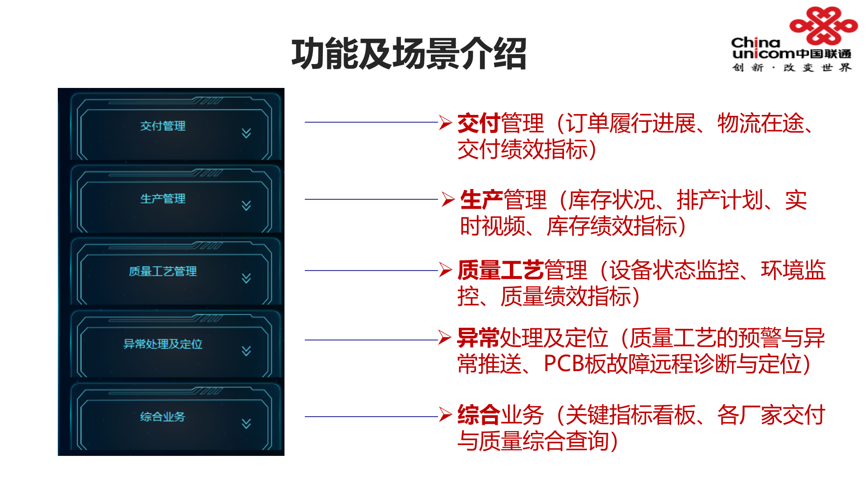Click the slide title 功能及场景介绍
pos(409,54)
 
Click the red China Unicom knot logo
pos(823,25)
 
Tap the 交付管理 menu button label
pos(163,126)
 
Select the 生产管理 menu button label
pos(163,198)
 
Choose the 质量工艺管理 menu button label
pos(163,271)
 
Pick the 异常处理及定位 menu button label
pos(163,344)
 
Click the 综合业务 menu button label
pos(163,417)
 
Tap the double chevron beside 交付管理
pos(246,133)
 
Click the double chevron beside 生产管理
pos(246,206)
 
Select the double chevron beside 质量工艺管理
pos(246,278)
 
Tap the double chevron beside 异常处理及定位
pos(246,351)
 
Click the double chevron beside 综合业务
pos(246,423)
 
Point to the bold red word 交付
pos(478,123)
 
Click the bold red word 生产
pos(481,200)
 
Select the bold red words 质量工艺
pos(500,270)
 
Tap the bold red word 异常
pos(478,338)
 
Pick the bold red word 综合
pos(478,415)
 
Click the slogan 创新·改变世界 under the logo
pos(792,68)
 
